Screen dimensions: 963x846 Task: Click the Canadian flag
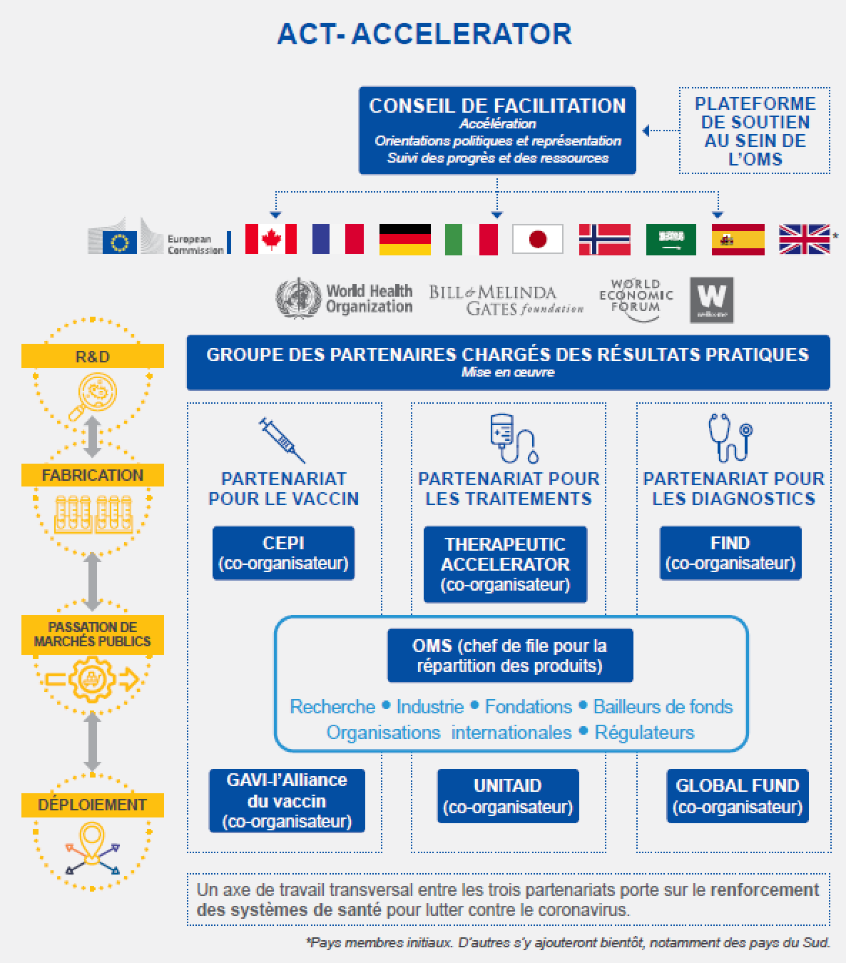[270, 239]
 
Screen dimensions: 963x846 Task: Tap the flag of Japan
[537, 239]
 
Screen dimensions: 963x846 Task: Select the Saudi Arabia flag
[671, 239]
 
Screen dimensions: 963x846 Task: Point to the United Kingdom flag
[804, 239]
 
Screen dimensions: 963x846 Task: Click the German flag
[404, 239]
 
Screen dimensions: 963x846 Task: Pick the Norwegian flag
[604, 239]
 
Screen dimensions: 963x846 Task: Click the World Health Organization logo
[344, 299]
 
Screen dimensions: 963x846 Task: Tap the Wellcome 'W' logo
[711, 300]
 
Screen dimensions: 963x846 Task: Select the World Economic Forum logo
[636, 297]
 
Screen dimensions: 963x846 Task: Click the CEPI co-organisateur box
[283, 553]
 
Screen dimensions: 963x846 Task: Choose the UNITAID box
[507, 795]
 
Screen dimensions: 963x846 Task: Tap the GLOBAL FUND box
[737, 795]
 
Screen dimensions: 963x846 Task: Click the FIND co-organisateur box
[730, 553]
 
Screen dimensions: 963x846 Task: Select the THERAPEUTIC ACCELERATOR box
[505, 564]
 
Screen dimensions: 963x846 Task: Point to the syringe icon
[282, 439]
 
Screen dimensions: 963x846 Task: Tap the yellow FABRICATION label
[93, 475]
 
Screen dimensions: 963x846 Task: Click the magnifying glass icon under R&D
[92, 399]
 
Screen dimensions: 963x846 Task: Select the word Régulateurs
[644, 733]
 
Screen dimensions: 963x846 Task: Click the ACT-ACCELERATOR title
[424, 34]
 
